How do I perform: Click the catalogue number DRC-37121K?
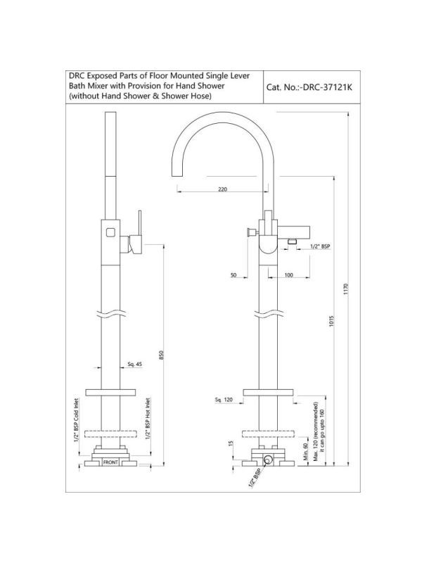328,87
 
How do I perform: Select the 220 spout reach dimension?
222,189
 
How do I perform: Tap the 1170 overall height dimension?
346,289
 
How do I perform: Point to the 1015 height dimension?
331,321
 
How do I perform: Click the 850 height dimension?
161,355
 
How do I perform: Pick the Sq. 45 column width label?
135,364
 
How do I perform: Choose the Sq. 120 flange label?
224,400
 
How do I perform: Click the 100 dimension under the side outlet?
288,275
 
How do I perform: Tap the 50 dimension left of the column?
234,275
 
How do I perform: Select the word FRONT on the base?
110,462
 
